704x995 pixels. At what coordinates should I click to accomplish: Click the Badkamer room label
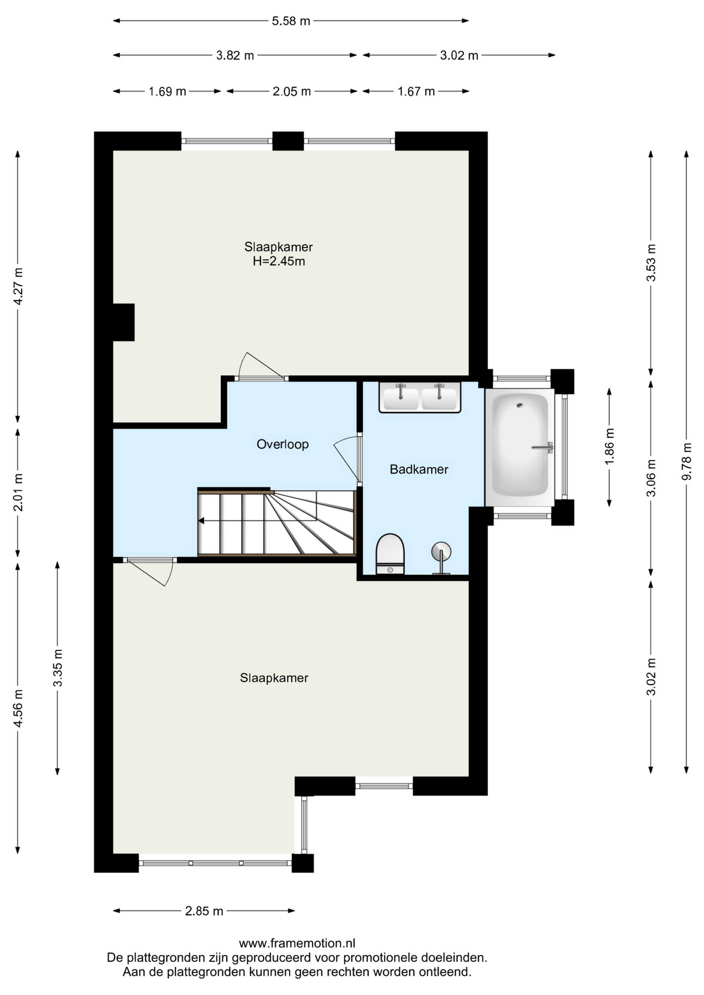coord(419,469)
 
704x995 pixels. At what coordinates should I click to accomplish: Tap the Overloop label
coord(283,444)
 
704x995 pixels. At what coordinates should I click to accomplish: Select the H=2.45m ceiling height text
coord(279,261)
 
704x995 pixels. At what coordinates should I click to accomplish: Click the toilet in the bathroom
coord(390,554)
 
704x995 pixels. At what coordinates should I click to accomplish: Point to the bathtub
coord(520,447)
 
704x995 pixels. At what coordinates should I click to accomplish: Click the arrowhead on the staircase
coord(201,521)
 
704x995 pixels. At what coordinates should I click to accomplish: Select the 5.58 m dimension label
coord(291,21)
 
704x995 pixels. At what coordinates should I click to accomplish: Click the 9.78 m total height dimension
coord(686,462)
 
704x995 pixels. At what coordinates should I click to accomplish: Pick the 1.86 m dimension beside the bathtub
coord(609,447)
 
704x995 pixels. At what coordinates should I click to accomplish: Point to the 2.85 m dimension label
coord(204,911)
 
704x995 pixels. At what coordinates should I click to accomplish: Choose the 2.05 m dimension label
coord(292,91)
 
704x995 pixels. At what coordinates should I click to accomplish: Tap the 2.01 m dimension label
coord(18,492)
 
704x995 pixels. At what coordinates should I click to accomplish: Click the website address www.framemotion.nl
coord(297,943)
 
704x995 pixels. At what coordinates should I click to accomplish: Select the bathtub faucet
coord(543,447)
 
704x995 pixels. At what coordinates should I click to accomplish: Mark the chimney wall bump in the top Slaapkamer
coord(124,322)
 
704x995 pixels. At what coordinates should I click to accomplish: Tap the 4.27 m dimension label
coord(18,286)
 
